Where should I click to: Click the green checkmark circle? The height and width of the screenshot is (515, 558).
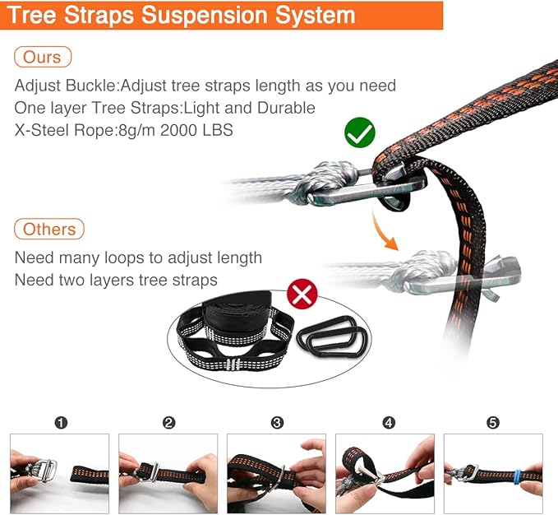pos(360,132)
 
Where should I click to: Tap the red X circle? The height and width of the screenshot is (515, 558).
pos(302,295)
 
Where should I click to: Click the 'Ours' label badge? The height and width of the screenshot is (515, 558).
pos(43,57)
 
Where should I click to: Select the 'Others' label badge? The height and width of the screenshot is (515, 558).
pos(49,229)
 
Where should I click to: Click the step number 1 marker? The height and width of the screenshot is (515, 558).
pos(61,423)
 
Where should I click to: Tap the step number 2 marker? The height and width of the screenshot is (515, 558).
pos(168,423)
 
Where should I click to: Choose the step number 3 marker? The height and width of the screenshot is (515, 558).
pos(277,423)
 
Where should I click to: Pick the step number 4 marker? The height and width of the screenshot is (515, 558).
pos(389,423)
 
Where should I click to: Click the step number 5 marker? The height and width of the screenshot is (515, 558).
pos(493,423)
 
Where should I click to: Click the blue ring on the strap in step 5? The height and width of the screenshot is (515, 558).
pos(518,478)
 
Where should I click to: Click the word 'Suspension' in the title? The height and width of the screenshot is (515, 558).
pos(204,15)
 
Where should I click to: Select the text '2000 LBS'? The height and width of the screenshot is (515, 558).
pos(196,130)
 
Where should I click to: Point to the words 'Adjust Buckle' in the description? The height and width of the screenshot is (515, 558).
pos(66,86)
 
